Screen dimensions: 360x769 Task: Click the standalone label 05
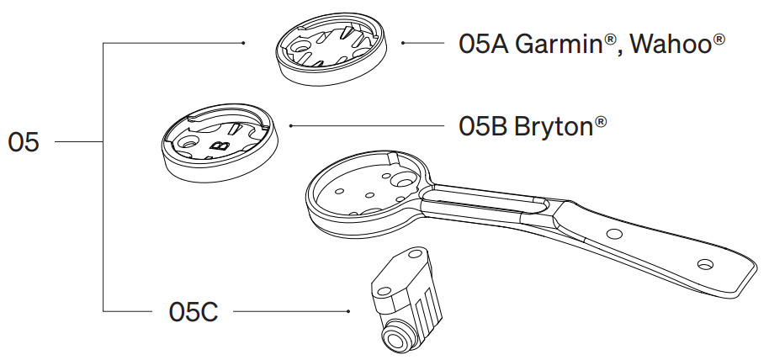coord(24,142)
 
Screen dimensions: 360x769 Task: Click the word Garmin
coord(558,43)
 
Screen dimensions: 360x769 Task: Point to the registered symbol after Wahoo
coord(719,38)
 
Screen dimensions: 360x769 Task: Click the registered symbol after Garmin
coord(610,38)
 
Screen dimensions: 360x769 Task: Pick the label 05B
coord(482,126)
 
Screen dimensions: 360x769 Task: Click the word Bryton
coord(553,128)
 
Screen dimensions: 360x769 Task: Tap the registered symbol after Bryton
coord(601,122)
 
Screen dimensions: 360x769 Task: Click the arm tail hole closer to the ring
coord(613,231)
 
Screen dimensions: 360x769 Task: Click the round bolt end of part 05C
coord(394,340)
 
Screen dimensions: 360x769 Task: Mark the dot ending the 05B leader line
coord(290,126)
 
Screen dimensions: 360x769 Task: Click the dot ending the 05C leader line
coord(348,312)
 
